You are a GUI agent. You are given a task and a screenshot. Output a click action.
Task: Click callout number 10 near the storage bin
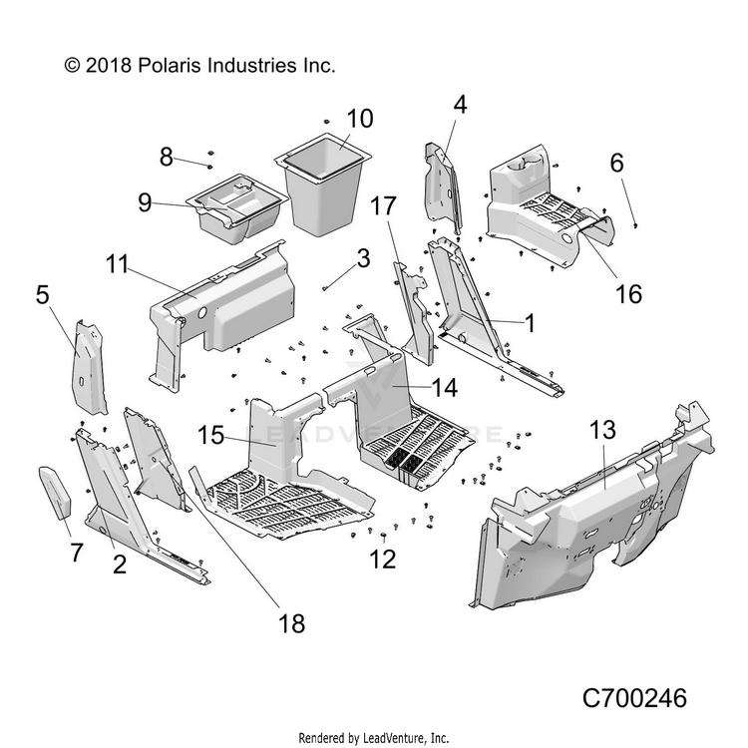[x=332, y=119]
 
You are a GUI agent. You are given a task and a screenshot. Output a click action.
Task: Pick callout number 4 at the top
[x=460, y=105]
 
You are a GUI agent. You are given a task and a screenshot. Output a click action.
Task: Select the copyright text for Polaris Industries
[x=199, y=66]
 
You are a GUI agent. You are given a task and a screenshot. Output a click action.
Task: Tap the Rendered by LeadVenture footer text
[x=374, y=738]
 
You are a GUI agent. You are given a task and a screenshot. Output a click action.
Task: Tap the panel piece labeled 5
[x=90, y=369]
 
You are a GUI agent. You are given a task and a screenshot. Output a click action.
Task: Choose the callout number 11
[x=117, y=265]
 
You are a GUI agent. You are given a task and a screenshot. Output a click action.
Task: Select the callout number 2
[x=119, y=564]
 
